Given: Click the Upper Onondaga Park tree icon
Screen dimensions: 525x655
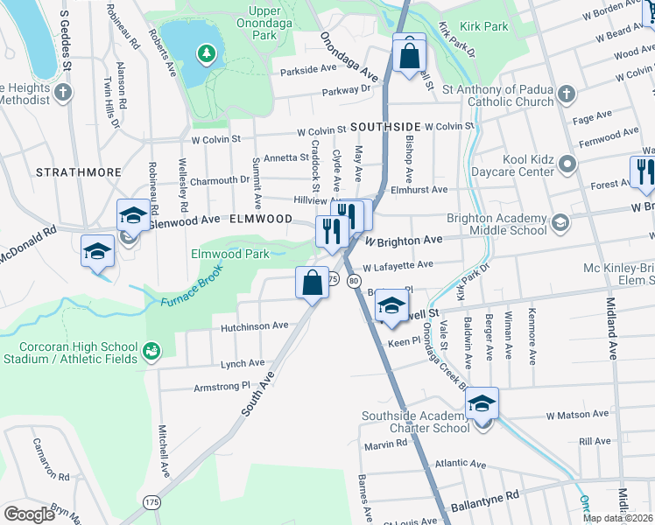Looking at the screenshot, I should pyautogui.click(x=207, y=55).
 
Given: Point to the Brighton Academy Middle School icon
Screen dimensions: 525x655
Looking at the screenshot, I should pyautogui.click(x=559, y=223).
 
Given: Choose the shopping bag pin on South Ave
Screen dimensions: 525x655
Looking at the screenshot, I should pyautogui.click(x=313, y=283).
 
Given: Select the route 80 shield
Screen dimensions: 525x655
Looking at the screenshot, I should pyautogui.click(x=353, y=280).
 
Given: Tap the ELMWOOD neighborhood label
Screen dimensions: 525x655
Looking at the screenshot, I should pyautogui.click(x=261, y=219).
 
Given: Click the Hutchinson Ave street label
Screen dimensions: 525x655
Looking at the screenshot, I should pyautogui.click(x=255, y=325).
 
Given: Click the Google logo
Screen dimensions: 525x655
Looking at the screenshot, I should pyautogui.click(x=29, y=514).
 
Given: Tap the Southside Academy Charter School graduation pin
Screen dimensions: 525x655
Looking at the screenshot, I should pyautogui.click(x=481, y=405).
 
